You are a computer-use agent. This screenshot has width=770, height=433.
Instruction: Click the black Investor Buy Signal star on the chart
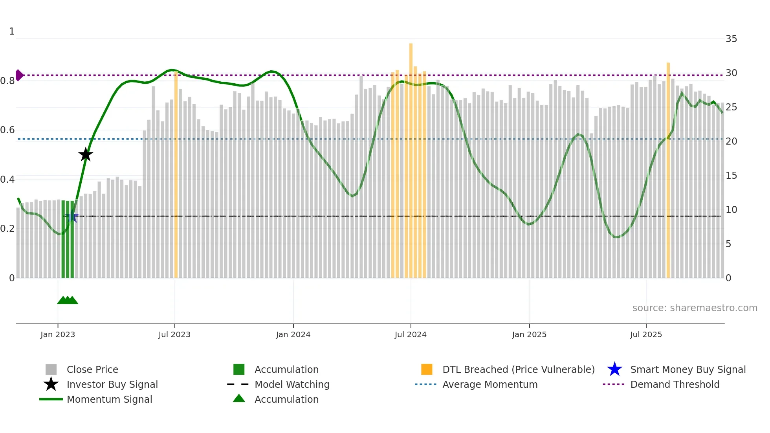pyautogui.click(x=85, y=154)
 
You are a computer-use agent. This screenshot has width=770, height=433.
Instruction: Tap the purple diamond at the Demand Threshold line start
pyautogui.click(x=19, y=75)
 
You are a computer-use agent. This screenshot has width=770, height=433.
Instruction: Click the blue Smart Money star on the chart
pyautogui.click(x=72, y=216)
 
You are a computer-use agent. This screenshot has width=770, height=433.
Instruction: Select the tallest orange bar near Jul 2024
pyautogui.click(x=411, y=157)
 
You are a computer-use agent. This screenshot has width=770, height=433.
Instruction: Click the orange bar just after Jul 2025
pyautogui.click(x=668, y=169)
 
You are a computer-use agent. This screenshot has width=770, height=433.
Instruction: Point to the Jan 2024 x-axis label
pyautogui.click(x=293, y=334)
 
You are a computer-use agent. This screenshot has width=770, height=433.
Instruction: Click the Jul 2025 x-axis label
pyautogui.click(x=646, y=334)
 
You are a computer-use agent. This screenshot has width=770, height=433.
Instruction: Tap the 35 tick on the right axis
pyautogui.click(x=731, y=39)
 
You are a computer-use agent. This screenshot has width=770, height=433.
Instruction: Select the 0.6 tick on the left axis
pyautogui.click(x=7, y=130)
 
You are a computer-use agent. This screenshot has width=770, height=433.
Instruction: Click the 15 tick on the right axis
pyautogui.click(x=731, y=176)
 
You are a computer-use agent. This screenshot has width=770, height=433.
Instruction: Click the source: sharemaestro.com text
pyautogui.click(x=695, y=308)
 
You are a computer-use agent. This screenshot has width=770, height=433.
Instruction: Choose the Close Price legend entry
pyautogui.click(x=92, y=369)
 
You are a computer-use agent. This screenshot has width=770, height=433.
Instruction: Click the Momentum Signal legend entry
pyautogui.click(x=109, y=399)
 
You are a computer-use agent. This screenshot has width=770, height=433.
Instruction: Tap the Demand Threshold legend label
pyautogui.click(x=675, y=384)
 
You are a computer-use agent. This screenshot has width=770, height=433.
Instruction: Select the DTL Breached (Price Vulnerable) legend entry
pyautogui.click(x=518, y=369)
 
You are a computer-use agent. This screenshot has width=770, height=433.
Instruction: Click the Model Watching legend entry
pyautogui.click(x=292, y=384)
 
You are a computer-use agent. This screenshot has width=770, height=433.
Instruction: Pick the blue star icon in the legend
pyautogui.click(x=614, y=369)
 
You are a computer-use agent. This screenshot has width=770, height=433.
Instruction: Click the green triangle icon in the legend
pyautogui.click(x=239, y=398)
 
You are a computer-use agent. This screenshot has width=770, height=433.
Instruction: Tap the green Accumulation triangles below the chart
pyautogui.click(x=68, y=300)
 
